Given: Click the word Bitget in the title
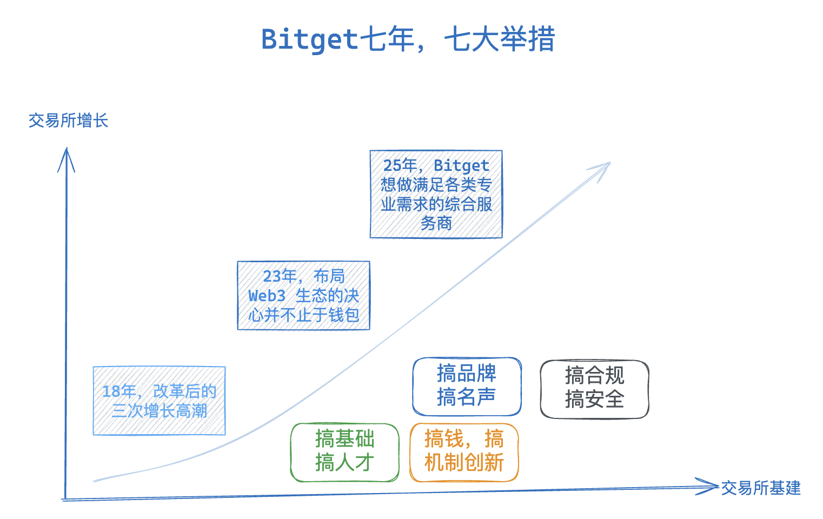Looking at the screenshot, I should pyautogui.click(x=309, y=39).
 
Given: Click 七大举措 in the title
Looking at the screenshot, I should pyautogui.click(x=500, y=39).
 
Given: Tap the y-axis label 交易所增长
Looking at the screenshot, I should pyautogui.click(x=68, y=120).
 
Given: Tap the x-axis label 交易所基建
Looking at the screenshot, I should pyautogui.click(x=760, y=488).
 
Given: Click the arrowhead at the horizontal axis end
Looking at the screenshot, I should pyautogui.click(x=708, y=486).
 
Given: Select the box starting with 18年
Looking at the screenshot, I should pyautogui.click(x=159, y=401).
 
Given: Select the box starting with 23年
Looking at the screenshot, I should pyautogui.click(x=303, y=295).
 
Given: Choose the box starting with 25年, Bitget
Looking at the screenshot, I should pyautogui.click(x=436, y=194).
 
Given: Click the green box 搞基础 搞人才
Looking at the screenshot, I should pyautogui.click(x=344, y=452).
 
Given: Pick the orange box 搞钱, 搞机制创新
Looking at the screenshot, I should pyautogui.click(x=464, y=452).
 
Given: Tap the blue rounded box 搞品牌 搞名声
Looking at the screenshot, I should pyautogui.click(x=467, y=386).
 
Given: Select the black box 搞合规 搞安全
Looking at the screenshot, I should pyautogui.click(x=594, y=389).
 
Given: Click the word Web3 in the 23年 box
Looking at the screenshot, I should pyautogui.click(x=267, y=296).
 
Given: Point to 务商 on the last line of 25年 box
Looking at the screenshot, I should pyautogui.click(x=436, y=223).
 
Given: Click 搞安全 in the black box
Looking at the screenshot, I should pyautogui.click(x=594, y=400).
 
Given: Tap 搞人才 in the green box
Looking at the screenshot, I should pyautogui.click(x=344, y=463).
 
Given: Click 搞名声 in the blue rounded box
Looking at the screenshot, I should pyautogui.click(x=467, y=397).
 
